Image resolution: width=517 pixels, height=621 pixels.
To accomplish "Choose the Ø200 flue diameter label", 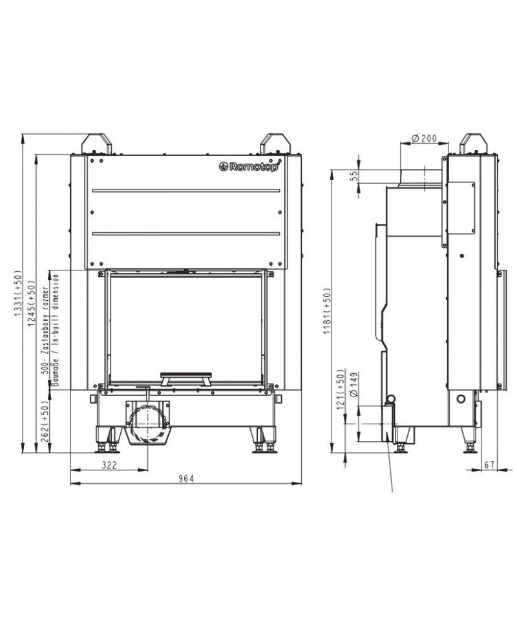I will pos(424,138).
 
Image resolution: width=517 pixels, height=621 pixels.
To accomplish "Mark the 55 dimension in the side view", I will pos(354,176).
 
